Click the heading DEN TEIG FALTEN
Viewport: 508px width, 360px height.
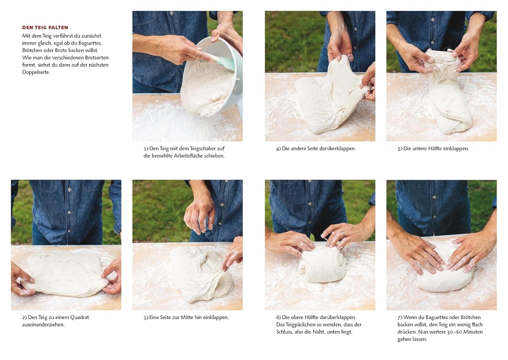(x=45, y=27)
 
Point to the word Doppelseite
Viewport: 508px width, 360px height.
(x=36, y=72)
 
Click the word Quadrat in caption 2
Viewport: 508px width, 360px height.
(x=80, y=317)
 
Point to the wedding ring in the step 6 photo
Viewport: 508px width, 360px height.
(x=343, y=234)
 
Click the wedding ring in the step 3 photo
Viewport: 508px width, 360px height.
(x=233, y=251)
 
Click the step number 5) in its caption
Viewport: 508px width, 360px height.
(x=400, y=149)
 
